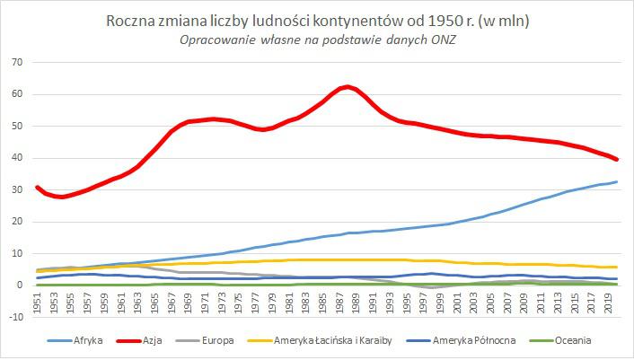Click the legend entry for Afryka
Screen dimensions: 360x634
pos(89,341)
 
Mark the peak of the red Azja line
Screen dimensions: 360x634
pos(346,86)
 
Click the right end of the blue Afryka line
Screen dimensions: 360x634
pos(616,182)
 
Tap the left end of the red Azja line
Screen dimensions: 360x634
pos(36,187)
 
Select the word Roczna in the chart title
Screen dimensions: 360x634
pos(131,19)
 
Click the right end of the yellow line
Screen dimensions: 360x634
pos(616,267)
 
